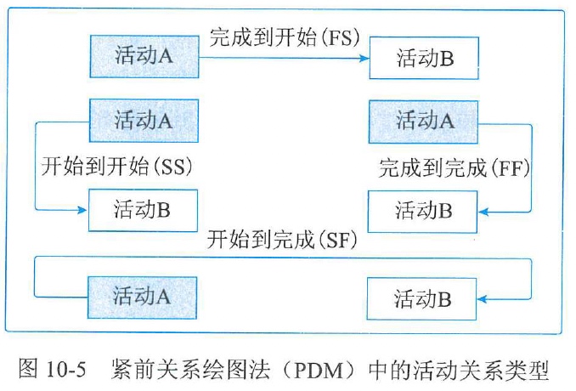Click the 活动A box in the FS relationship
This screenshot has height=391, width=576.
coord(144,56)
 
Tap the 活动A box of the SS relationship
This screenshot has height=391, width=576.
coord(144,120)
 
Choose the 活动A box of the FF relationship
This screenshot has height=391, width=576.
coord(424,121)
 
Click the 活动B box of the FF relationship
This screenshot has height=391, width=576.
coord(422,210)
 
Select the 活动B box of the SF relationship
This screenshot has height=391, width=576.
coord(422,298)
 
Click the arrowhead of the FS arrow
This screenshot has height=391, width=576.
coord(366,58)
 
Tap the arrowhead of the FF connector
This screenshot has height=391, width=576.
coord(484,210)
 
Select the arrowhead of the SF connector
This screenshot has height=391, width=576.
coord(484,298)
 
